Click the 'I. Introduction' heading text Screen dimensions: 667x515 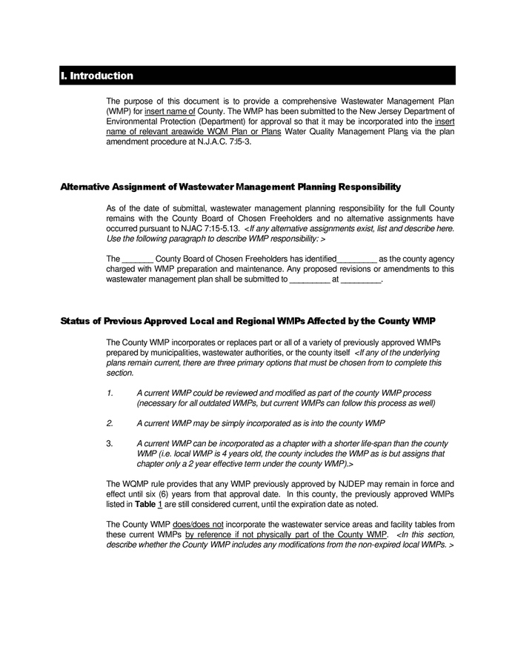coord(97,76)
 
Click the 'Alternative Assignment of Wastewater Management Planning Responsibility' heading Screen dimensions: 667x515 coord(230,187)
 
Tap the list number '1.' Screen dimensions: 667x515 coord(110,393)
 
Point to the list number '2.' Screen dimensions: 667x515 coord(110,423)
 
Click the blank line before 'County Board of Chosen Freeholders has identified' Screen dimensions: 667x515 coord(136,259)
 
